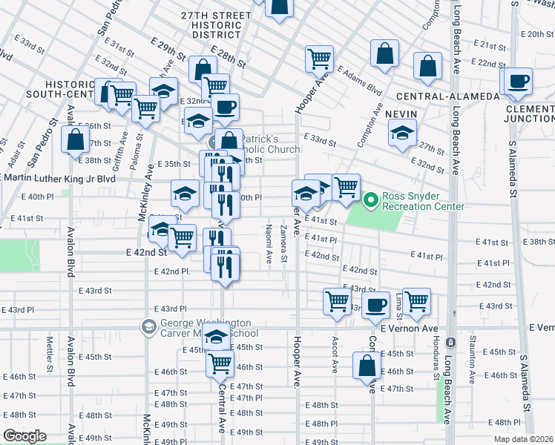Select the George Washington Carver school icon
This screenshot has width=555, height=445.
148,327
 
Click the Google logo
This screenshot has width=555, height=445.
24,436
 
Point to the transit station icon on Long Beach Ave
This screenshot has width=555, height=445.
450,342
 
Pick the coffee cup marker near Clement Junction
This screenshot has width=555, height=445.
519,81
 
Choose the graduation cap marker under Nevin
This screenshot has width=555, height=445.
402,134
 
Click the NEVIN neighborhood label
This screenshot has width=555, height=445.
401,113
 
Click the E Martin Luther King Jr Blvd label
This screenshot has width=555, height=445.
59,178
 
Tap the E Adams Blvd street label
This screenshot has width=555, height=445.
359,81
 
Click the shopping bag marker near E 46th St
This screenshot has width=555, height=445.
367,366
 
